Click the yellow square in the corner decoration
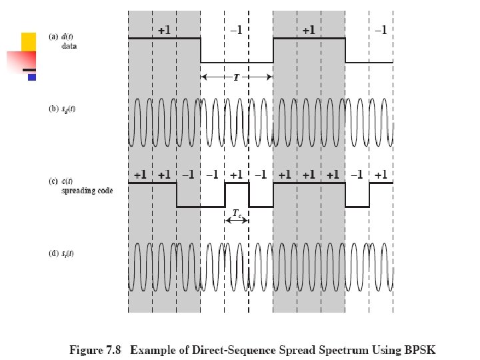tap(29, 41)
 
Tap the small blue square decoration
tap(31, 77)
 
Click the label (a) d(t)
tap(63, 37)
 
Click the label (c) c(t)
tap(63, 181)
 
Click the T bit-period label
tap(236, 77)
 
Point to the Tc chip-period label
tap(237, 214)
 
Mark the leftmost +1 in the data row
tap(164, 30)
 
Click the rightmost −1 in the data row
tap(380, 30)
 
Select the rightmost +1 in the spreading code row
tap(381, 175)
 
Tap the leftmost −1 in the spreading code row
tap(188, 175)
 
